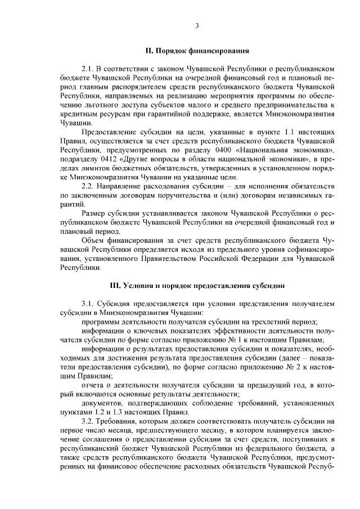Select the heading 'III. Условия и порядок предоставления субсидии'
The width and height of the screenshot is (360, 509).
click(x=197, y=286)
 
